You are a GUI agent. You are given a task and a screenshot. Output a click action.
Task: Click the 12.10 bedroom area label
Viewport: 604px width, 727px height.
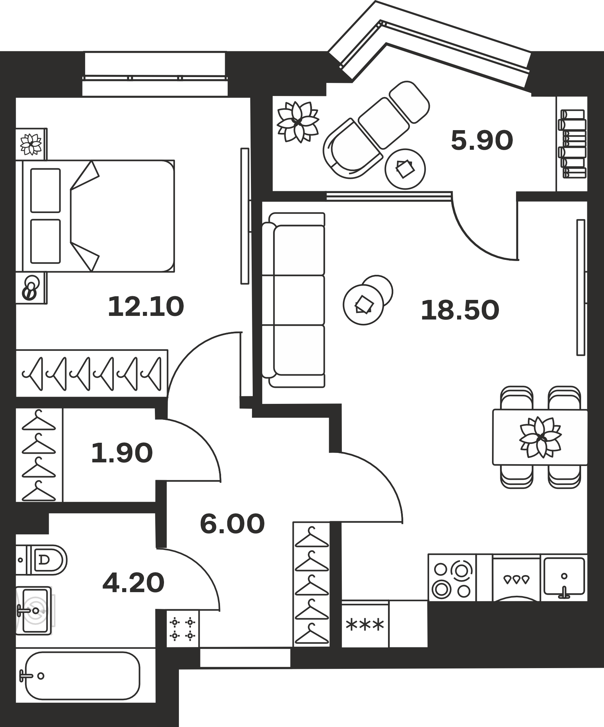pos(146,306)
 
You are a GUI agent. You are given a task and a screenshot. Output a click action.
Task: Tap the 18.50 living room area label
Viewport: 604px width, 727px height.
pos(460,310)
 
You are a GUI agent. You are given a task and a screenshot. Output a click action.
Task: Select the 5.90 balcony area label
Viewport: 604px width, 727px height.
pos(482,141)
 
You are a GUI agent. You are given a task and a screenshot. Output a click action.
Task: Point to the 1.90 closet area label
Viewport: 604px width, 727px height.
pos(122,453)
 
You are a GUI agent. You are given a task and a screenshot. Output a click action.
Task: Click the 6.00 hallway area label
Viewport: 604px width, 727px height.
pos(232,524)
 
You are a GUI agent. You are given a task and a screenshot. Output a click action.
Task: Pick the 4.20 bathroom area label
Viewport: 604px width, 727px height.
pos(133,582)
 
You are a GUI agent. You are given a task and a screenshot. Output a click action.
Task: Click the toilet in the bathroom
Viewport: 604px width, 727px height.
pos(42,560)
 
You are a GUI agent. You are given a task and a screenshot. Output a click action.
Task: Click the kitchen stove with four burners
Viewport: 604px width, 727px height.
pos(452,578)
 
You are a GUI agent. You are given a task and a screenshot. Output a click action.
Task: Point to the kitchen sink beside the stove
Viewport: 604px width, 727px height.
pos(564,578)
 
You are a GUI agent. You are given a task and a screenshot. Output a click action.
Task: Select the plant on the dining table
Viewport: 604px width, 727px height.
pos(540,437)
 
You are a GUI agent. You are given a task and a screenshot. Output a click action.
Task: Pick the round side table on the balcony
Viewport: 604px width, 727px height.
pos(405,169)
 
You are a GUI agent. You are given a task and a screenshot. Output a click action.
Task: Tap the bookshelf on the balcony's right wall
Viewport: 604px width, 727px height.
pos(572,144)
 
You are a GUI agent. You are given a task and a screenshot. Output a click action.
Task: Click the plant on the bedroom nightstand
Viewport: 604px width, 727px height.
pos(31,144)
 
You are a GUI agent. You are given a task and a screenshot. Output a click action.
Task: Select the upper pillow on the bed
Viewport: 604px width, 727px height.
pos(45,190)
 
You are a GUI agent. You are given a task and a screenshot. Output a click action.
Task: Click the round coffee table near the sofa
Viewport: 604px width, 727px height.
pos(364,305)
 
